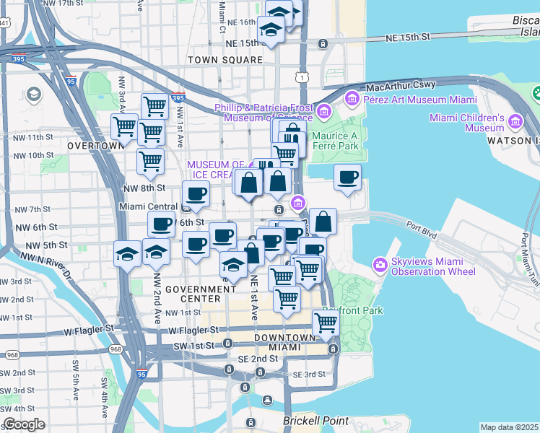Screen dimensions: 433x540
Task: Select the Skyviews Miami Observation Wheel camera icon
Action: (380, 266)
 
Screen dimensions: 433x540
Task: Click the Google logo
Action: (24, 424)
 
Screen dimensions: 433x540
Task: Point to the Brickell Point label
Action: (317, 421)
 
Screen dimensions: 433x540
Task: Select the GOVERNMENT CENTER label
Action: (201, 294)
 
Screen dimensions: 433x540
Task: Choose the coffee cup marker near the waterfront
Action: (348, 176)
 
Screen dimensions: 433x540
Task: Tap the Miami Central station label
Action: (148, 207)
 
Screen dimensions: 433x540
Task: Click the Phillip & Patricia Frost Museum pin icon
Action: (323, 111)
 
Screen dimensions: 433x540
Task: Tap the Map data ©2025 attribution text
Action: (509, 427)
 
